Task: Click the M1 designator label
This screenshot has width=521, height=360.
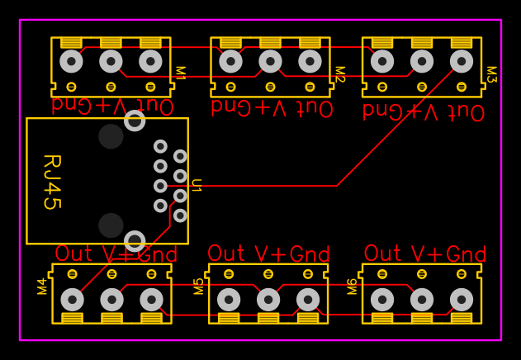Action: point(180,73)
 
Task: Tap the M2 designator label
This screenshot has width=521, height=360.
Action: point(339,73)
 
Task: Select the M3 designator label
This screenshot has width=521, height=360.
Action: point(491,74)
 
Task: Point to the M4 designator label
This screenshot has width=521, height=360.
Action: point(42,286)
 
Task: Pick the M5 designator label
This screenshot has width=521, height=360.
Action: point(199,286)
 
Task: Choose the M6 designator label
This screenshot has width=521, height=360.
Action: point(353,286)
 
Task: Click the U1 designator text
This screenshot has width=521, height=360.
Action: point(197,185)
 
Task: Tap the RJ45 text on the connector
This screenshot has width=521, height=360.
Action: point(51,182)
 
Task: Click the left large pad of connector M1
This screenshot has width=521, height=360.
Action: point(71,61)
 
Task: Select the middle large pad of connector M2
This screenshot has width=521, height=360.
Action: point(270,61)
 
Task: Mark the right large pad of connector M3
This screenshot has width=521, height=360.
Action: point(462,61)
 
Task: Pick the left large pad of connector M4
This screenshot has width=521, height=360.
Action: point(72,299)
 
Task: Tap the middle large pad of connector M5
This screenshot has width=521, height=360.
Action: point(268,299)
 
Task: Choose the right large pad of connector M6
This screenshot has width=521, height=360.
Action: point(462,299)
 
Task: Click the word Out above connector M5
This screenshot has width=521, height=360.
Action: point(226,253)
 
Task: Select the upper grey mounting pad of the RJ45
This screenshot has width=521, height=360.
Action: point(135,121)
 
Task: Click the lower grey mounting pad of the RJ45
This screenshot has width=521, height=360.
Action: point(135,241)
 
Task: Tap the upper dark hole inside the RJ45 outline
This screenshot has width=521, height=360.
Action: point(111,136)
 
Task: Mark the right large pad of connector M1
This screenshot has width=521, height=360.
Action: point(150,61)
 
